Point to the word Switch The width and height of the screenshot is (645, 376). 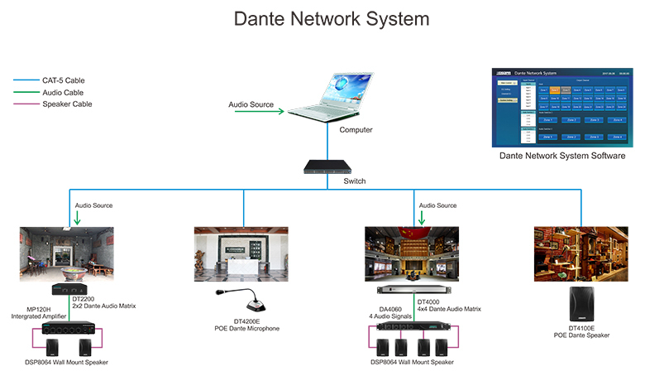tap(356, 180)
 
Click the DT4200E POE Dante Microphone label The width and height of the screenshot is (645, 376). tap(241, 325)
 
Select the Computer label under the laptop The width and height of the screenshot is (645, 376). tap(356, 130)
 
